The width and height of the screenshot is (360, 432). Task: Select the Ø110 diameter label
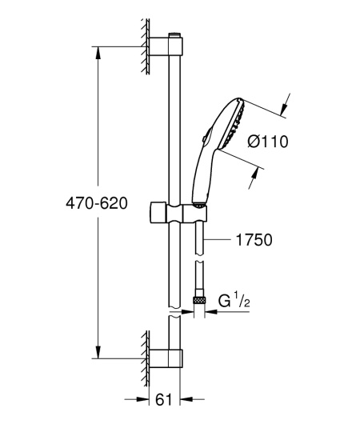pos(268,142)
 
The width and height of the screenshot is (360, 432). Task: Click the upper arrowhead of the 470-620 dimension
pos(98,53)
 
